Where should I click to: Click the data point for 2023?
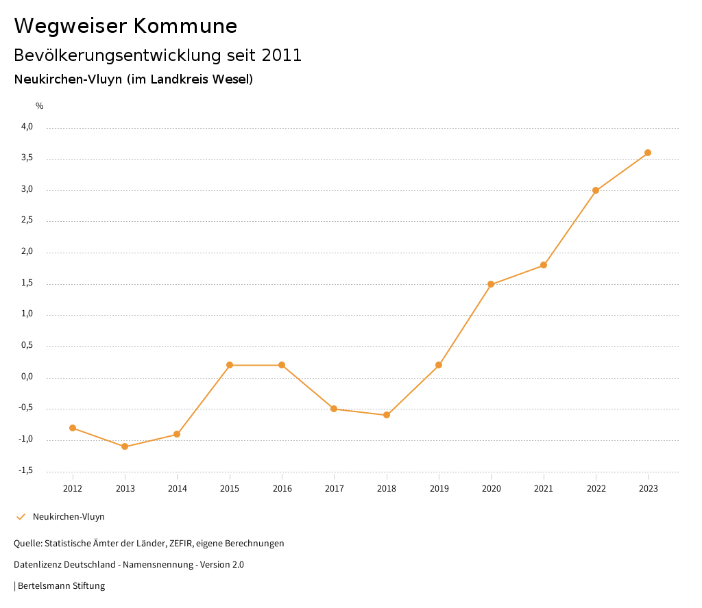point(648,153)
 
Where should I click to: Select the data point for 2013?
point(125,446)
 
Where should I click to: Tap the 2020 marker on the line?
point(491,284)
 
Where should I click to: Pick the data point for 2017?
point(334,409)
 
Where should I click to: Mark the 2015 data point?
point(230,365)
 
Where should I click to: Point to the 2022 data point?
point(596,190)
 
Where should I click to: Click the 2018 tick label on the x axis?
point(387,489)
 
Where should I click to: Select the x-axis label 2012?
point(73,489)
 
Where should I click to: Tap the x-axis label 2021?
point(544,489)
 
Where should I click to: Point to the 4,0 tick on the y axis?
point(27,127)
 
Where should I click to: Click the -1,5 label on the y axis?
point(25,470)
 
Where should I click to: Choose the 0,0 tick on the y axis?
point(27,377)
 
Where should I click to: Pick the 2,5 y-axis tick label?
point(27,220)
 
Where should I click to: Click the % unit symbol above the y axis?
point(40,106)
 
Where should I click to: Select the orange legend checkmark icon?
point(21,517)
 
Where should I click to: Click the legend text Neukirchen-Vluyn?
point(69,517)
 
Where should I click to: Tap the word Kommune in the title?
point(185,26)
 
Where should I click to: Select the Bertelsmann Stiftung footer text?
point(61,586)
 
